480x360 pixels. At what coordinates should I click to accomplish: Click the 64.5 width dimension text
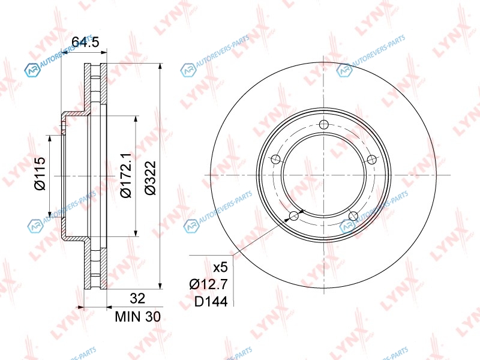tap(85, 42)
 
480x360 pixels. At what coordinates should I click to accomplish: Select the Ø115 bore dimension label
tap(40, 173)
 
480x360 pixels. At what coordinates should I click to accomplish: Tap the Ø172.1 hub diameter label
tap(125, 175)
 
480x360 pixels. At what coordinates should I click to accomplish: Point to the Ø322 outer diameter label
tap(151, 178)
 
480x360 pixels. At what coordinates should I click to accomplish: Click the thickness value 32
tap(137, 298)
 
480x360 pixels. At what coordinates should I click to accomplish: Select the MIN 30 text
tap(138, 317)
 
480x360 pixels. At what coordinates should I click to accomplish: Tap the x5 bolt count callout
tap(220, 268)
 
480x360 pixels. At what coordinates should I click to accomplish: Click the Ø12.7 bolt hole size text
tap(208, 284)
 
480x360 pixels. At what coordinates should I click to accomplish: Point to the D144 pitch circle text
tap(211, 302)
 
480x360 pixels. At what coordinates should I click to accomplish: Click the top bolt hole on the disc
tap(323, 125)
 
